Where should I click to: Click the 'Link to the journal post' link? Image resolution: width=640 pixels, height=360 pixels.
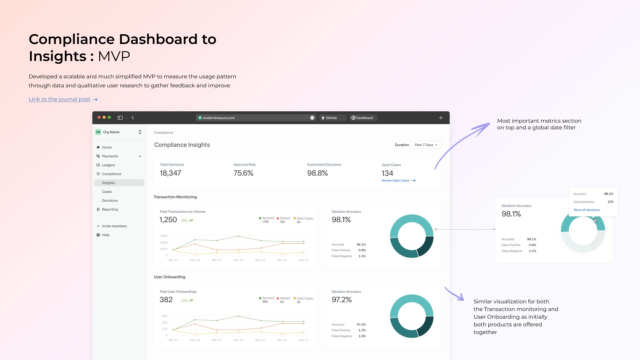click(59, 99)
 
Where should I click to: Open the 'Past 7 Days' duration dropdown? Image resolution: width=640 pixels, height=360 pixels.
click(426, 145)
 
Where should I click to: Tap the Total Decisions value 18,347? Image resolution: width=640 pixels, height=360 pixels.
click(170, 173)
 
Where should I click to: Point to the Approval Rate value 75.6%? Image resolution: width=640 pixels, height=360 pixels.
click(243, 173)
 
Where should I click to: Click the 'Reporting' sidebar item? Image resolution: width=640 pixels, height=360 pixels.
click(110, 209)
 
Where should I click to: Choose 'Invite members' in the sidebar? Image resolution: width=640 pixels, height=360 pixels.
click(114, 226)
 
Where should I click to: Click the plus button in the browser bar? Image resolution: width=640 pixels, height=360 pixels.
click(441, 118)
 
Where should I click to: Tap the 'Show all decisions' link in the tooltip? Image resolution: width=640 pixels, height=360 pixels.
click(587, 210)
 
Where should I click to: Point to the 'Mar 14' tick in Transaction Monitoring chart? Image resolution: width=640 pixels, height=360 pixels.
click(238, 260)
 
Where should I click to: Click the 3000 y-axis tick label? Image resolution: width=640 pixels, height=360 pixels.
click(164, 236)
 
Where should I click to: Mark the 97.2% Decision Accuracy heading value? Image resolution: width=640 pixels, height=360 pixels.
click(342, 300)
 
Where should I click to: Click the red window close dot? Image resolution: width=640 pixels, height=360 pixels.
click(99, 117)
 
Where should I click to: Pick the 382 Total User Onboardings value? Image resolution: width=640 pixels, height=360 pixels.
click(166, 300)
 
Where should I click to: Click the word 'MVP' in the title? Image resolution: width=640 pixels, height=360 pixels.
click(114, 56)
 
